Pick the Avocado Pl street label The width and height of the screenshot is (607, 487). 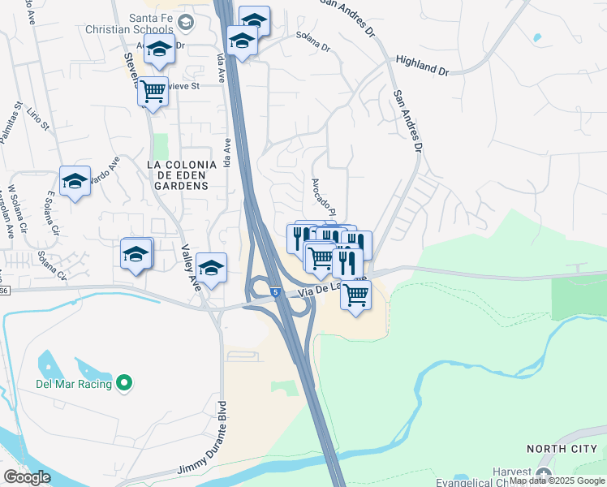(x=323, y=193)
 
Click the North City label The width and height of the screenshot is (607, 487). (x=562, y=449)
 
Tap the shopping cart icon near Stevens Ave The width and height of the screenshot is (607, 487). (x=152, y=91)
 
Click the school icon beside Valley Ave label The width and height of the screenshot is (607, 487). (x=211, y=268)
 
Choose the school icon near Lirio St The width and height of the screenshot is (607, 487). (x=75, y=181)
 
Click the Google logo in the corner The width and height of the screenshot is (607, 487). (x=27, y=476)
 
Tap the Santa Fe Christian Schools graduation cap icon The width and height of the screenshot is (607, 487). (x=184, y=22)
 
